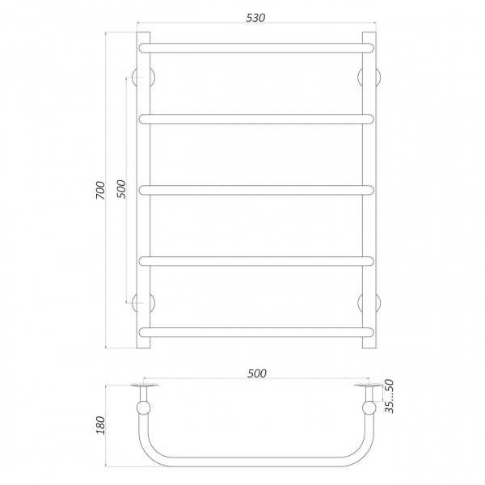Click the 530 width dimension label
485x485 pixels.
[255, 18]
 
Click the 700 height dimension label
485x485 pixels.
[100, 190]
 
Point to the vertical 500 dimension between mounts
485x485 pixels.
[121, 189]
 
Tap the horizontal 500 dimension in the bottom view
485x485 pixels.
[257, 373]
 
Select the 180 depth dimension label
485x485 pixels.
[100, 425]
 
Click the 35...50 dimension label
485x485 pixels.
[390, 396]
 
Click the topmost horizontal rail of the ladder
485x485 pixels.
[256, 48]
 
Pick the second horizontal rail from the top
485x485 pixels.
[256, 119]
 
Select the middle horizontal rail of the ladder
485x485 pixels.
[256, 190]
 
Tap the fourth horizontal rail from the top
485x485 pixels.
[256, 261]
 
